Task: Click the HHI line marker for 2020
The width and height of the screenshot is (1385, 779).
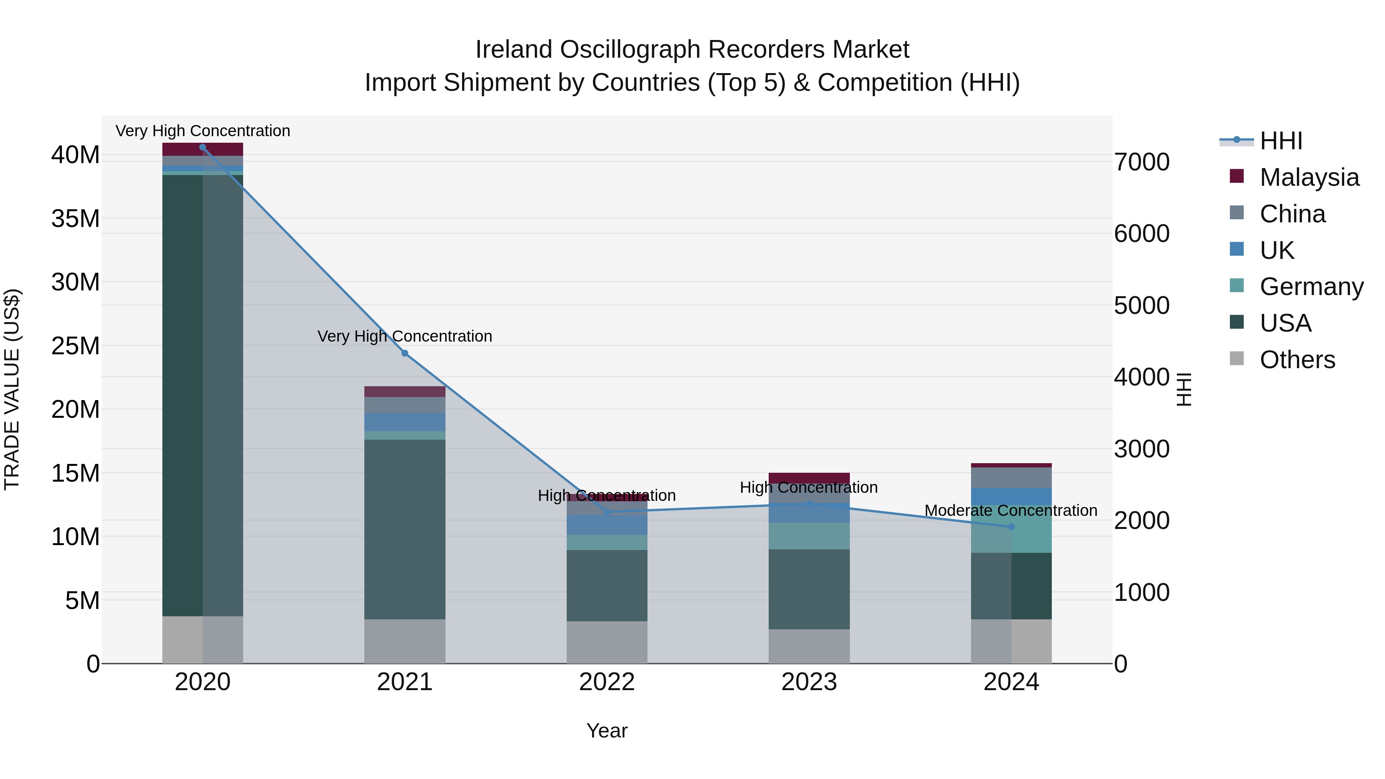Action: pyautogui.click(x=203, y=147)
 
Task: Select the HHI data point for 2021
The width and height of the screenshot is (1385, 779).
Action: pyautogui.click(x=405, y=353)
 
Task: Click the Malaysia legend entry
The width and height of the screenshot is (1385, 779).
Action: pyautogui.click(x=1309, y=177)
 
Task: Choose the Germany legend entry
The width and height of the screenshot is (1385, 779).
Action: pyautogui.click(x=1311, y=287)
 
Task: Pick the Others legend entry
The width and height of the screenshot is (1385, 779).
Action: pyautogui.click(x=1297, y=360)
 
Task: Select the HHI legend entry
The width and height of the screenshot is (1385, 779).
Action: pyautogui.click(x=1281, y=141)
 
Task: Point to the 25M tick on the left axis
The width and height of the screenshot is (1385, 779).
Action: pyautogui.click(x=75, y=346)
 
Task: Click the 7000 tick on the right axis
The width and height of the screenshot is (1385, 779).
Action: pyautogui.click(x=1141, y=162)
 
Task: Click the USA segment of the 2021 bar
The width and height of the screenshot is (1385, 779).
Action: pyautogui.click(x=405, y=530)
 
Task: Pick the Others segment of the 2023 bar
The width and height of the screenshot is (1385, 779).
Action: pyautogui.click(x=809, y=646)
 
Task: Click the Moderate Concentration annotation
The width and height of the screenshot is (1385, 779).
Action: pyautogui.click(x=1011, y=510)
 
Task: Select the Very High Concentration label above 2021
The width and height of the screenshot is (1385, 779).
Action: pyautogui.click(x=405, y=336)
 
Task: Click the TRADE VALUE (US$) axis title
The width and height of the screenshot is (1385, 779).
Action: pyautogui.click(x=12, y=389)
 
